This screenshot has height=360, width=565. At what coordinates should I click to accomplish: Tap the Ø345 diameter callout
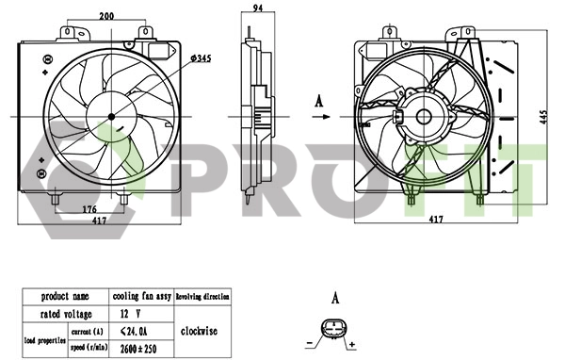(200, 59)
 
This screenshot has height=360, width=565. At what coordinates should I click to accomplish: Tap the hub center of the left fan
(111, 116)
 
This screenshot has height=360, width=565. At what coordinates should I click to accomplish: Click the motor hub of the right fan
(422, 117)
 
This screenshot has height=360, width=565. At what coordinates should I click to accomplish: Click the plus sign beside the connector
(352, 346)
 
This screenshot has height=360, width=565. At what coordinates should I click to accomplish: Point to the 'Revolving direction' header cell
(202, 296)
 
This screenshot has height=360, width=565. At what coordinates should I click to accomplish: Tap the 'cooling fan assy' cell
(141, 296)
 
